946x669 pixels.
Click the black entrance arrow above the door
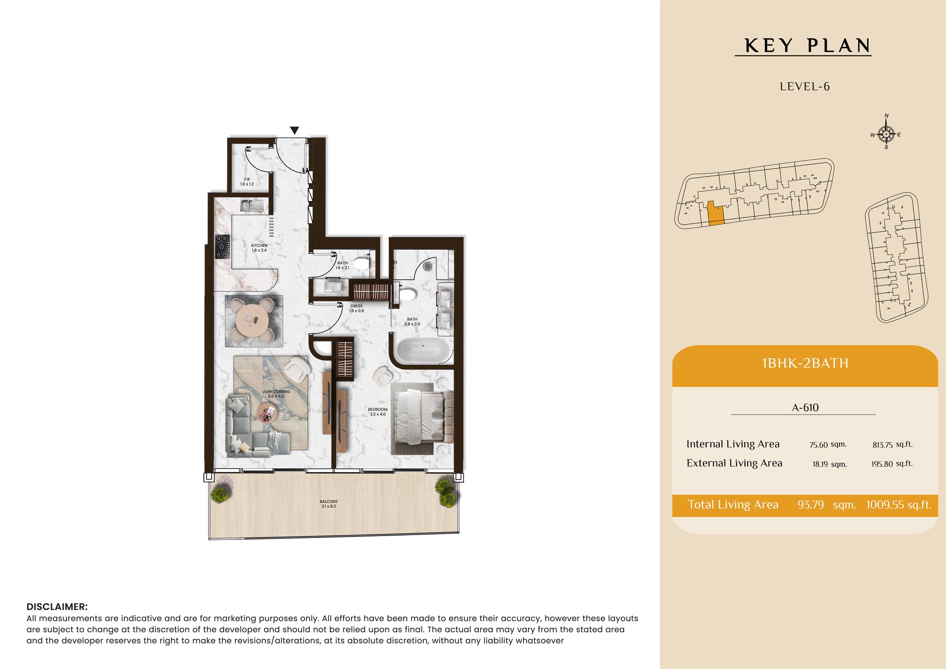tap(294, 130)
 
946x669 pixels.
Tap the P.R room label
tap(247, 182)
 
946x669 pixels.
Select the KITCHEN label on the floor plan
tap(259, 248)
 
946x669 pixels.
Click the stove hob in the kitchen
tap(222, 246)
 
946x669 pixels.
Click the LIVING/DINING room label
tap(276, 394)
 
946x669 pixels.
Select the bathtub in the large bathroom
tap(422, 351)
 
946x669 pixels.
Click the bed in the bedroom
tap(421, 417)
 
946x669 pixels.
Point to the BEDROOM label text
tap(377, 412)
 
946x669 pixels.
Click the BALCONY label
tap(329, 504)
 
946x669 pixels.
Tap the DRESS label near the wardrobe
tap(357, 308)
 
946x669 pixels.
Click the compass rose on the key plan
tap(886, 133)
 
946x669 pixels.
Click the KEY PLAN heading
tap(807, 46)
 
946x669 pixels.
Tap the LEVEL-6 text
tap(805, 87)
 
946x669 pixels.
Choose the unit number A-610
tap(805, 407)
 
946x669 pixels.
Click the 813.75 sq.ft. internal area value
tap(893, 444)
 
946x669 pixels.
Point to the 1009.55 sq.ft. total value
tap(899, 505)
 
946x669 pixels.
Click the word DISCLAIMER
tap(57, 607)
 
